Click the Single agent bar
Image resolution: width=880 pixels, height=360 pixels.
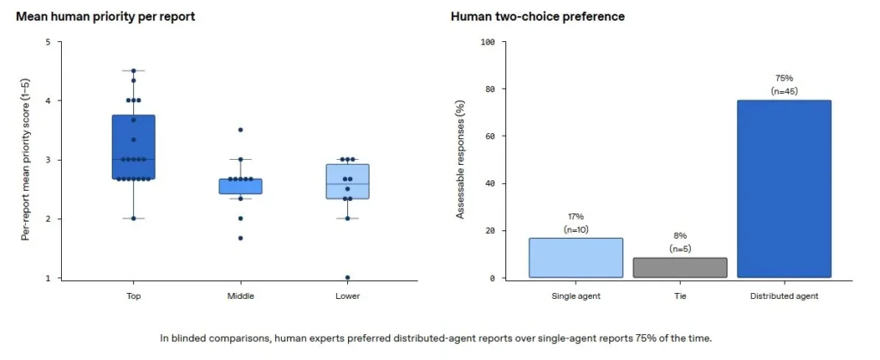(577, 258)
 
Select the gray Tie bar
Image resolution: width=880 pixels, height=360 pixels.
(681, 267)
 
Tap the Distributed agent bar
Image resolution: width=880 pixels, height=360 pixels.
(784, 189)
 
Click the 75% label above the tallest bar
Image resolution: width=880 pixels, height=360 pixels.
(784, 78)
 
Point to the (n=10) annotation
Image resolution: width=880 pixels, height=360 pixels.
(577, 229)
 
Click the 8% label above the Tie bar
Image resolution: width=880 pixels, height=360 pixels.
(681, 236)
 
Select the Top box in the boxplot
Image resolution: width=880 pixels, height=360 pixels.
(133, 148)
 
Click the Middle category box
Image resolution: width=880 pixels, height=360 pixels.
(241, 186)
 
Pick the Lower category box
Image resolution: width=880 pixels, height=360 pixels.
(347, 181)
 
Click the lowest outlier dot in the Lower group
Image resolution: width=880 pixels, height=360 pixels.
(347, 278)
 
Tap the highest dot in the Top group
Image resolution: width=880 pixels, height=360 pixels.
(133, 70)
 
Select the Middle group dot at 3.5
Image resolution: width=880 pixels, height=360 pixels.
(241, 130)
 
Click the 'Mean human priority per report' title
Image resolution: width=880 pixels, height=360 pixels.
(106, 17)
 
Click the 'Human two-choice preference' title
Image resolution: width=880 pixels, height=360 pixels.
(538, 17)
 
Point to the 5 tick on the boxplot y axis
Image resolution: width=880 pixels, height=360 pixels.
(48, 41)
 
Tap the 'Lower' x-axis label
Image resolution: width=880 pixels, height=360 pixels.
(347, 296)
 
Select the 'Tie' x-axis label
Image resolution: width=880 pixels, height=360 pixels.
(681, 296)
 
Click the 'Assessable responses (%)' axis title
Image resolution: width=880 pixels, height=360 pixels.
(461, 160)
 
